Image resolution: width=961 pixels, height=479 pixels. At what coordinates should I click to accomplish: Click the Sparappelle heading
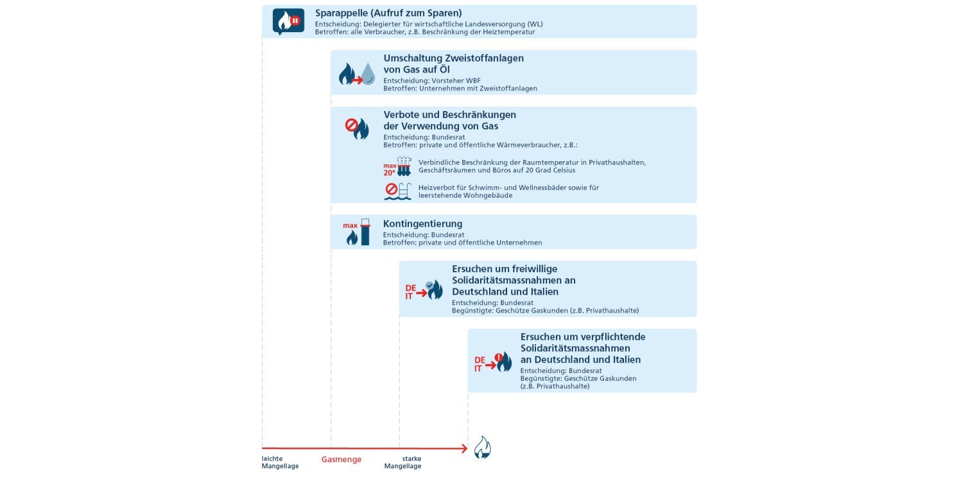click(x=388, y=13)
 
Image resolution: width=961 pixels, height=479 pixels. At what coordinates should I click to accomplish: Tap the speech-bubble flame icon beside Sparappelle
click(x=288, y=21)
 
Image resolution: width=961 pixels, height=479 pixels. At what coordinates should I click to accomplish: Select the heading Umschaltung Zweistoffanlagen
click(x=453, y=58)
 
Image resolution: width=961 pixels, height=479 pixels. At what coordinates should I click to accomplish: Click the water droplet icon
click(x=367, y=74)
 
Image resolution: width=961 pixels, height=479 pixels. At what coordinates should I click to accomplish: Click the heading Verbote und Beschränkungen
click(x=449, y=114)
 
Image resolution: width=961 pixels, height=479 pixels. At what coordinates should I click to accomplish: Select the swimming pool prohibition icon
click(x=397, y=191)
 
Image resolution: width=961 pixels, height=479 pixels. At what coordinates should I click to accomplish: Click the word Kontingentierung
click(x=422, y=223)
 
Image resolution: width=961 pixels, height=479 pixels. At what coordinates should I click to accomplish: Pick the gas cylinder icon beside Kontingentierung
click(x=365, y=232)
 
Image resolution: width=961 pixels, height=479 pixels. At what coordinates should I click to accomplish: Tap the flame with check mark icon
click(x=434, y=290)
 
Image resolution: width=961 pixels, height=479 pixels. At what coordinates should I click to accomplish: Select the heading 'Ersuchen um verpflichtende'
click(x=582, y=336)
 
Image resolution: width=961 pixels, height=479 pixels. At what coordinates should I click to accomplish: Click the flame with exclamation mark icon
click(x=503, y=361)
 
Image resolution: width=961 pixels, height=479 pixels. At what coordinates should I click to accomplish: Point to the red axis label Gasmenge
click(x=341, y=460)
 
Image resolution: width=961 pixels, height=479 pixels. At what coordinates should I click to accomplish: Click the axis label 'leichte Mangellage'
click(x=280, y=462)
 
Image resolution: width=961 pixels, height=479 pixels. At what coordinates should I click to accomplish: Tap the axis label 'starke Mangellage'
click(x=403, y=462)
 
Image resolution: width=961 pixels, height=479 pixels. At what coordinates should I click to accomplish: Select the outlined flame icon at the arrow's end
click(x=482, y=448)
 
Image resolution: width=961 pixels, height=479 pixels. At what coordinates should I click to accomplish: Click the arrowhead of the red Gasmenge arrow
click(x=464, y=448)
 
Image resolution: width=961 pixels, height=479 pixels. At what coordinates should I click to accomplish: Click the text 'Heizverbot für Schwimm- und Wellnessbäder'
click(x=508, y=187)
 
